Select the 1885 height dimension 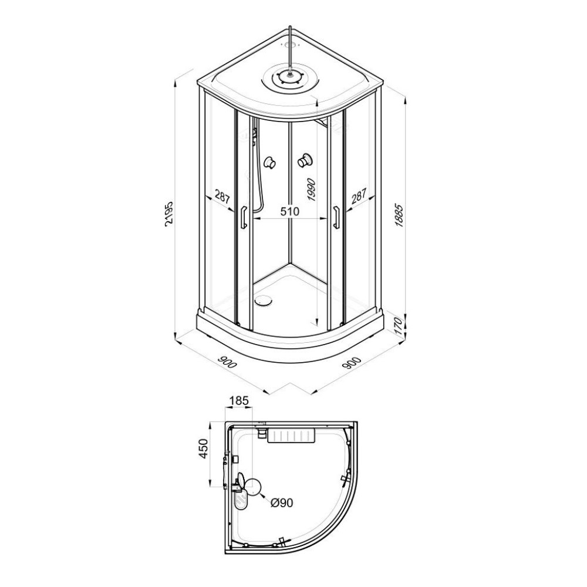point(399,216)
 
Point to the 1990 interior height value point(312,190)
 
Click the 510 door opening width point(290,211)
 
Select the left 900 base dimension point(228,362)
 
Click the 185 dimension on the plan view point(239,401)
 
